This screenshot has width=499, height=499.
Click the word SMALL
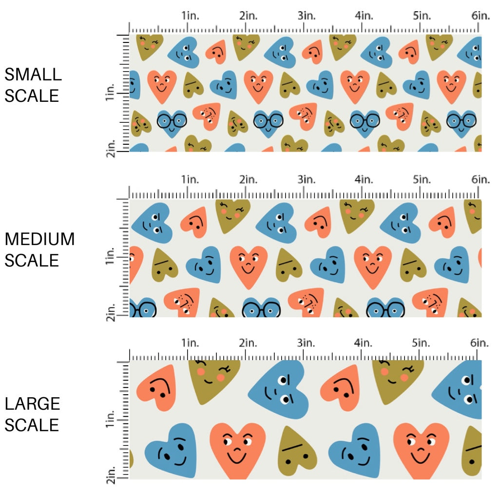tap(33, 75)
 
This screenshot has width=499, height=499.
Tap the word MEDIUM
tap(40, 239)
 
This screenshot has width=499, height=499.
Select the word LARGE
tap(33, 403)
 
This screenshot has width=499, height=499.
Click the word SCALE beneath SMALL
tap(32, 96)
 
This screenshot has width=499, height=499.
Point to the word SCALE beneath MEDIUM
tap(32, 260)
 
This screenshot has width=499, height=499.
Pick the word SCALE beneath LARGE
tap(32, 425)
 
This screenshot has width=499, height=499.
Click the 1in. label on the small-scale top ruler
tap(191, 16)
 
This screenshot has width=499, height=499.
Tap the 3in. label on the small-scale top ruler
tap(307, 16)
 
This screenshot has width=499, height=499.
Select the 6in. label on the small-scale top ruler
tap(480, 16)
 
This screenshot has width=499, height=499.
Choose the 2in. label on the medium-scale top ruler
tap(249, 180)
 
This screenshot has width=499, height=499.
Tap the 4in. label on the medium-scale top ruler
tap(364, 180)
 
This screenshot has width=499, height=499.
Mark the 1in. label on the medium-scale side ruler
tap(110, 257)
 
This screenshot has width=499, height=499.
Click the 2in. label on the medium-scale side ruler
tap(110, 312)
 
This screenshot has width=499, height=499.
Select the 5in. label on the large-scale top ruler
tap(422, 343)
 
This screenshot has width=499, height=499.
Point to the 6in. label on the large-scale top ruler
tap(480, 343)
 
